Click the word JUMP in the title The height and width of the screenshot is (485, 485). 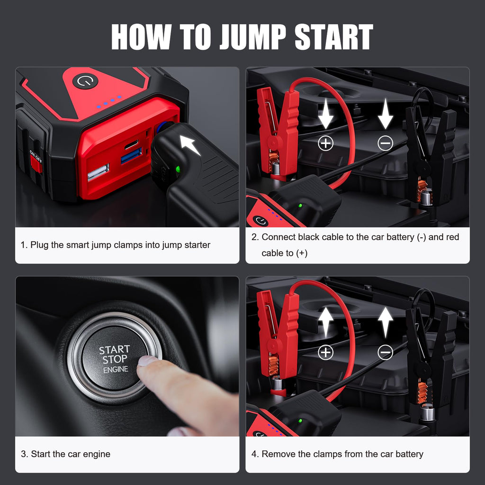(252, 36)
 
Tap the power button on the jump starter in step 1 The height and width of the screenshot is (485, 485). (85, 81)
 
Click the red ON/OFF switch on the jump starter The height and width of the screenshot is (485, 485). (36, 163)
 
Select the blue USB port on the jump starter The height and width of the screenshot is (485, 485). (131, 155)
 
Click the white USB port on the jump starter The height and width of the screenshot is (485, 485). (98, 172)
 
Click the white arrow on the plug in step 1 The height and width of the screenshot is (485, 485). (191, 144)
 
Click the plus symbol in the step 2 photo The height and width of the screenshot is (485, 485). (325, 143)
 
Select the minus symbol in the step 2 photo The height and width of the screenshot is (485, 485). (385, 143)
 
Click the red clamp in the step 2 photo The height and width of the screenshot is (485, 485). (277, 130)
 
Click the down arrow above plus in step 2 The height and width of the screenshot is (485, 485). (325, 114)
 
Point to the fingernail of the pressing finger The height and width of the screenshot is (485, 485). (147, 361)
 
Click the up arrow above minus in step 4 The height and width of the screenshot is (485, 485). (385, 322)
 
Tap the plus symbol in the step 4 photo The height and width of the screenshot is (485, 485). (325, 352)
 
